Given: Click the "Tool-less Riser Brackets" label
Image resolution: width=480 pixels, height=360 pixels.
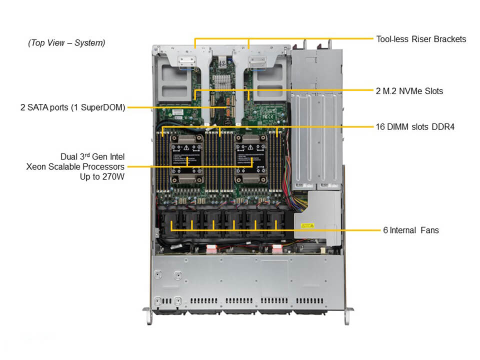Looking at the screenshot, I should (421, 39).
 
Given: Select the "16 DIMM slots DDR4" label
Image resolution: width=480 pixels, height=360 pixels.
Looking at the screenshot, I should (414, 127).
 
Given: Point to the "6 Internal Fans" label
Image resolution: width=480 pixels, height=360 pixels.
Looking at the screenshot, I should (410, 230).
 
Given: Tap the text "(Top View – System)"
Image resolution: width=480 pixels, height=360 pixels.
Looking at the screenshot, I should (66, 43).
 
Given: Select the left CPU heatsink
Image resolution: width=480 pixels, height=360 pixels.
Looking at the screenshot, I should (187, 159).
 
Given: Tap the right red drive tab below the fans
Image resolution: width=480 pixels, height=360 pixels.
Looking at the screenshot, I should (278, 248).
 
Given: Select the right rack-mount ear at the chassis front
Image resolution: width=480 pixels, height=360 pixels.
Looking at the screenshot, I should (344, 315).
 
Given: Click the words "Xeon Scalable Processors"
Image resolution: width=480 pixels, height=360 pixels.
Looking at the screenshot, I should (75, 166).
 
